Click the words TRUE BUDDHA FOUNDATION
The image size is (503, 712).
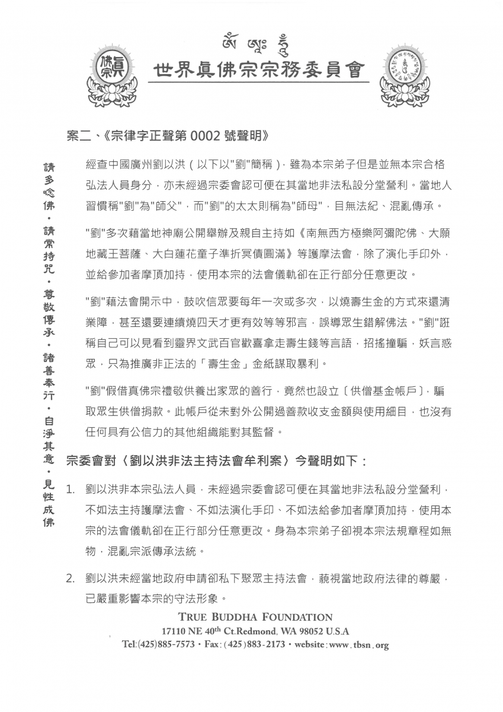255,617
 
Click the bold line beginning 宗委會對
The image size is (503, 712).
217,460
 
